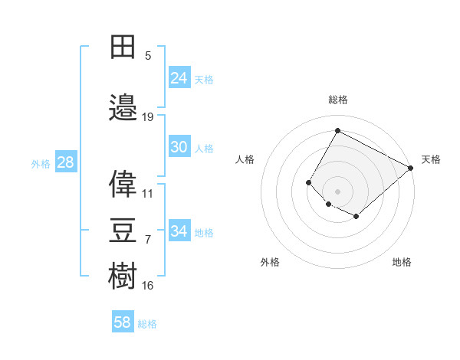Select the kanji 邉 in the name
pos(124,107)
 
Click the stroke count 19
pos(148,116)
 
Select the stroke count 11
pos(148,194)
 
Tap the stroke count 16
pos(148,286)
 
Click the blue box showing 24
pos(179,77)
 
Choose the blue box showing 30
pos(179,147)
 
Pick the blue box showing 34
pos(179,231)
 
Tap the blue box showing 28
pos(65,162)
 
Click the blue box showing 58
pos(123,322)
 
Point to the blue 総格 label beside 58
pos(148,324)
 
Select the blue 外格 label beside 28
pos(40,163)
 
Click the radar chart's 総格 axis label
pos(338,100)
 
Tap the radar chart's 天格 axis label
pos(431,159)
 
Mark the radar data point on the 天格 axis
pos(411,168)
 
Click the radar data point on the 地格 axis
pos(356,217)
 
